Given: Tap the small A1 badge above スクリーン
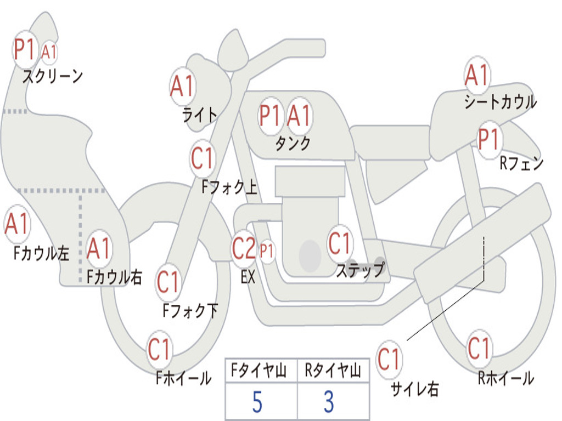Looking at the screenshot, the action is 49,52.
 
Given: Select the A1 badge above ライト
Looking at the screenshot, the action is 183,86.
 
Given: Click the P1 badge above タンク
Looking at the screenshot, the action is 269,116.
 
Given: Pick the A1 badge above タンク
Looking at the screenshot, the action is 299,116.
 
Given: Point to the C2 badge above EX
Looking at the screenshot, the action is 244,248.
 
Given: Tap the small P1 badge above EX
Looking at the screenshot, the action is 267,251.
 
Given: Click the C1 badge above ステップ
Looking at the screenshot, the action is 339,243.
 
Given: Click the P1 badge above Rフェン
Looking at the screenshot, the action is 489,140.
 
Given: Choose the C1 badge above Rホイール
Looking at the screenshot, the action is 479,348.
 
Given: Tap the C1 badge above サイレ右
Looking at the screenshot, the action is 389,359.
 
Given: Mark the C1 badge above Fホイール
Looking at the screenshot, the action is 159,349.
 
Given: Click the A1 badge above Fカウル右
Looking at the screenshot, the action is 99,248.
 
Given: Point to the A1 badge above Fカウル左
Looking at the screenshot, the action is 17,224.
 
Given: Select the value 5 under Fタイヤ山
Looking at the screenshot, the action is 257,402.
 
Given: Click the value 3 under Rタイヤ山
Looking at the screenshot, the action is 329,402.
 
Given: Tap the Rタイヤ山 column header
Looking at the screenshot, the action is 333,371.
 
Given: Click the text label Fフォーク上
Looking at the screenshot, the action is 229,187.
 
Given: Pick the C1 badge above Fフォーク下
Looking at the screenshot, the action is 168,282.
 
